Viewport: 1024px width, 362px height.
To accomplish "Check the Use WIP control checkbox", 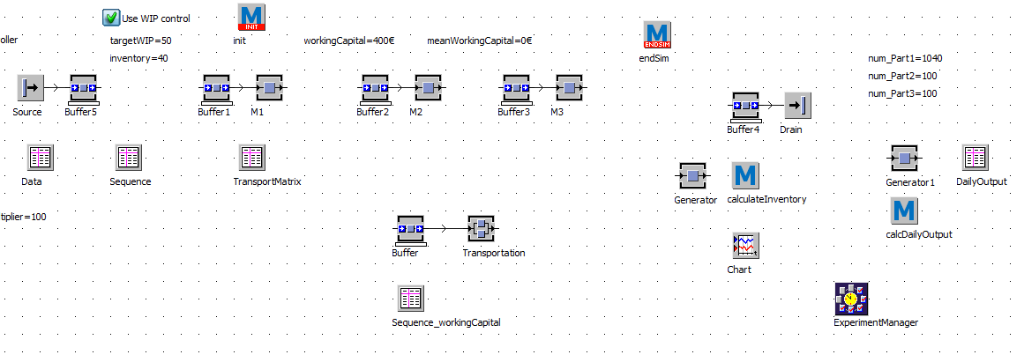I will coord(111,18).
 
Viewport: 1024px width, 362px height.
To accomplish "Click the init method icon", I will coord(251,18).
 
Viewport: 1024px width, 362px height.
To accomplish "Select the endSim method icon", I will coord(657,35).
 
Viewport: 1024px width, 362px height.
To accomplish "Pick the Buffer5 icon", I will coord(84,88).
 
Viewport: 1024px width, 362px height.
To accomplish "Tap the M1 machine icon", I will coord(269,88).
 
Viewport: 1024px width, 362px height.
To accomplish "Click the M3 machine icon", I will coord(569,88).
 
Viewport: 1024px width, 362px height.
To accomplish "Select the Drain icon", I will coord(797,106).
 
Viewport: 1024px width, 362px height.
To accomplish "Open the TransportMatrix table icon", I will coord(252,158).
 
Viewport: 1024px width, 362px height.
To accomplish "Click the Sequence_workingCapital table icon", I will coord(410,299).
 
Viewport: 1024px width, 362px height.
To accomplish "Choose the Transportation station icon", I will coord(481,229).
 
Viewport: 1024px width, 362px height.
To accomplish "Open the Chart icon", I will coord(745,246).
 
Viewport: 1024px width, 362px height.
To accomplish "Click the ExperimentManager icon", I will coord(851,299).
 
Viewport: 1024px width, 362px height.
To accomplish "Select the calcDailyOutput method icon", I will coord(904,211).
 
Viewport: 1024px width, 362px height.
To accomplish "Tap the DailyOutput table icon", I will coord(975,158).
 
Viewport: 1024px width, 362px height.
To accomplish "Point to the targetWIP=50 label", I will coord(140,41).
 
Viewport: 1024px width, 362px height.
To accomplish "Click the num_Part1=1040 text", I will coord(905,58).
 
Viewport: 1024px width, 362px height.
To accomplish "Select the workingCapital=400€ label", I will coord(348,41).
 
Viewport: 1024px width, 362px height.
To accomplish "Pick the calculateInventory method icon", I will coord(745,175).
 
